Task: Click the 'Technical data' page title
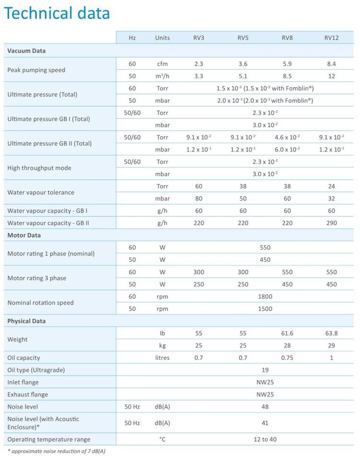coord(57,13)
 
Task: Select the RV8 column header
coord(288,37)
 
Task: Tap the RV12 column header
coord(332,37)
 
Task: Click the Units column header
coord(162,37)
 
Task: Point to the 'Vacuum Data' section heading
coord(26,50)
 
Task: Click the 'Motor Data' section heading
coord(24,235)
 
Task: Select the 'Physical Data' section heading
coord(26,321)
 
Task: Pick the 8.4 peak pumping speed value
coord(332,64)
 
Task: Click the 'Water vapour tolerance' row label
coord(41,192)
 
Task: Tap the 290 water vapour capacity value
coord(332,223)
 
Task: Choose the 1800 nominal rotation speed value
coord(265,296)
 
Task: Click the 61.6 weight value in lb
coord(288,333)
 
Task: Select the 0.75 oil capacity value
coord(288,357)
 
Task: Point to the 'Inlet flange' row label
coord(23,382)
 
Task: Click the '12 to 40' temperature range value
coord(265,439)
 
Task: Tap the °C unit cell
coord(162,439)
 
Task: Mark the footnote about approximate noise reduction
coord(57,451)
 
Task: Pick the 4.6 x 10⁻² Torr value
coord(288,137)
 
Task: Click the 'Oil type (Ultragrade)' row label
coord(36,370)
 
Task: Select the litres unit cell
coord(162,357)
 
